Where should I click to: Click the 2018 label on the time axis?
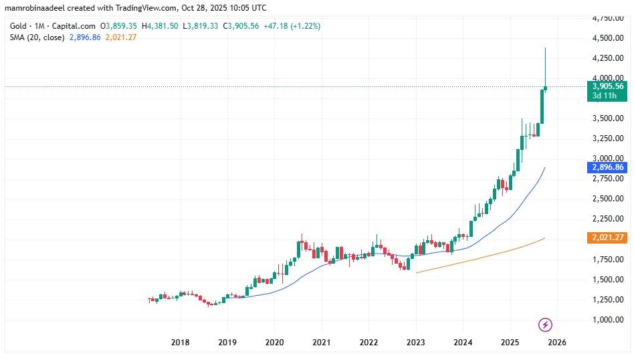click(x=180, y=342)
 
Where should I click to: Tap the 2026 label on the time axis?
click(x=557, y=342)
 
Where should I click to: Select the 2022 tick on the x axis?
click(x=368, y=342)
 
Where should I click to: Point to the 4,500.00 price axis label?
click(x=608, y=38)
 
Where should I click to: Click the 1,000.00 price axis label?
click(x=608, y=319)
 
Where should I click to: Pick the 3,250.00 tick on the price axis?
click(x=608, y=139)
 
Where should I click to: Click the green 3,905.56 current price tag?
click(x=608, y=86)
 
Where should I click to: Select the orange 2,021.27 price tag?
click(x=608, y=237)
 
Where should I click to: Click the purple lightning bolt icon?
click(x=545, y=325)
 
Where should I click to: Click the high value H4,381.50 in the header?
click(x=158, y=25)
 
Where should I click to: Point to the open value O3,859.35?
click(x=118, y=25)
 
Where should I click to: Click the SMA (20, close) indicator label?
click(x=37, y=37)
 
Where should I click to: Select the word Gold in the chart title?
click(x=18, y=25)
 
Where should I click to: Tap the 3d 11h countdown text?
click(x=604, y=96)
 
